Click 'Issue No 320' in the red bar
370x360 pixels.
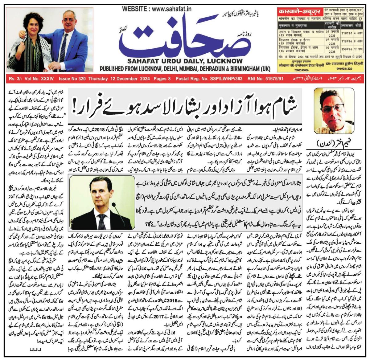coord(72,79)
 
